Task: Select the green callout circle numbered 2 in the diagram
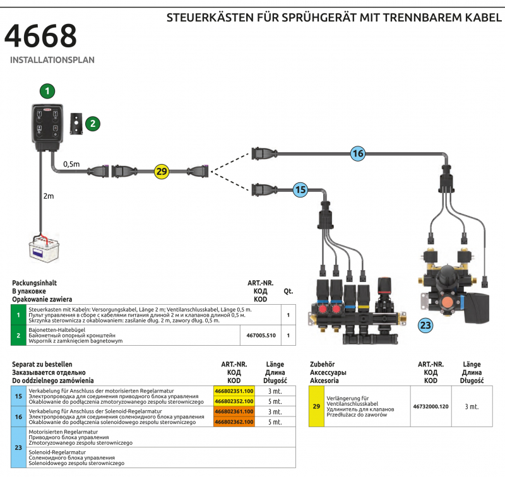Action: pyautogui.click(x=93, y=123)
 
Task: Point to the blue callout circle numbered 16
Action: pyautogui.click(x=358, y=153)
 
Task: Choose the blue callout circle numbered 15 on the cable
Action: pyautogui.click(x=300, y=188)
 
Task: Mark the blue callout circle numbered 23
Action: pyautogui.click(x=425, y=326)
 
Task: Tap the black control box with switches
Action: pyautogui.click(x=47, y=126)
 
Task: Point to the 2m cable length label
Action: pyautogui.click(x=49, y=196)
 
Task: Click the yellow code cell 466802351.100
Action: pyautogui.click(x=234, y=391)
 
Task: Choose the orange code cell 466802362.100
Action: pyautogui.click(x=234, y=421)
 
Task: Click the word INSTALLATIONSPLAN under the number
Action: pyautogui.click(x=52, y=61)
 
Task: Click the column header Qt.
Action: pyautogui.click(x=288, y=291)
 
